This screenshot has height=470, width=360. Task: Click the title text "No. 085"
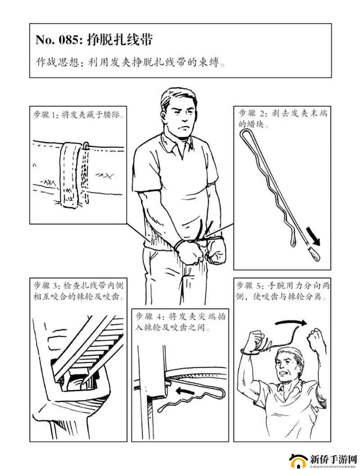58,40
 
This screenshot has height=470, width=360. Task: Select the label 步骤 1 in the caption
46,115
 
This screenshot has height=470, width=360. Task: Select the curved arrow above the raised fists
291,322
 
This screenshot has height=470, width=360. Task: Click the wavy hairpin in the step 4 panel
193,399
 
